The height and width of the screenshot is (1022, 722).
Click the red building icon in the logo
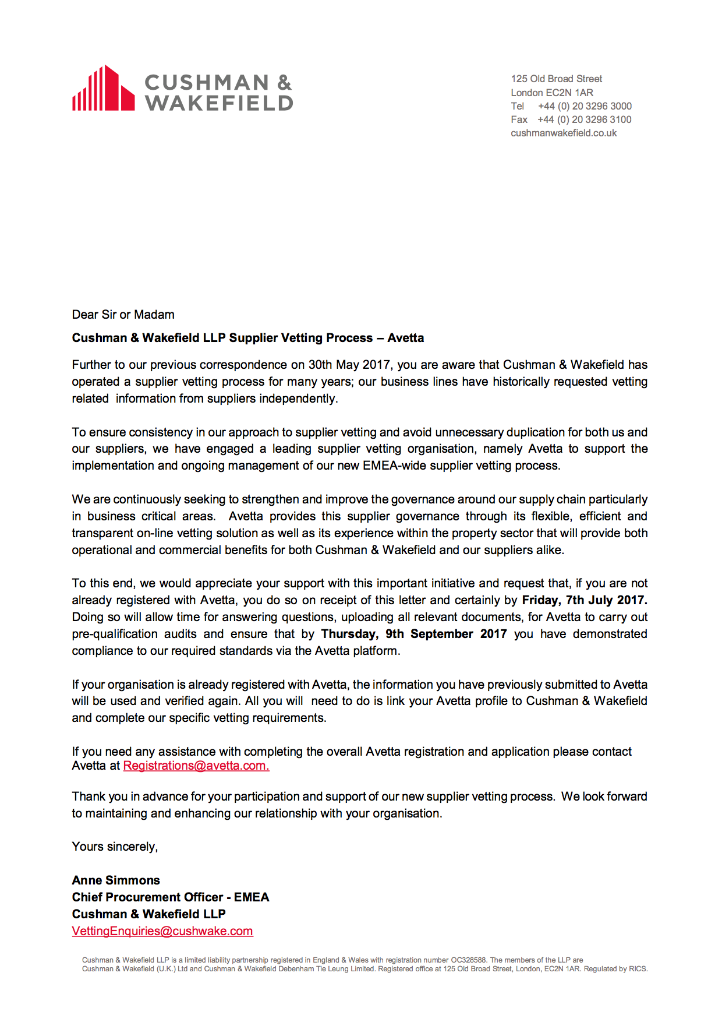tap(104, 89)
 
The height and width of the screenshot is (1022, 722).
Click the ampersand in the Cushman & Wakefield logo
tap(284, 82)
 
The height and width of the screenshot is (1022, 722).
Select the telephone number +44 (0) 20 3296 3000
tap(585, 106)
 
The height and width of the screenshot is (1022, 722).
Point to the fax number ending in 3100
tap(584, 119)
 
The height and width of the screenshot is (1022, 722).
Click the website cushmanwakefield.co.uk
tap(564, 133)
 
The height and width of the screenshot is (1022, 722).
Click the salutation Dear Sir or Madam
tap(123, 315)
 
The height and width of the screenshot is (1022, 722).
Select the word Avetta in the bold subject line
tap(406, 338)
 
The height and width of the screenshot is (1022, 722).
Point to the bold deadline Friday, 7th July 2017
tap(584, 600)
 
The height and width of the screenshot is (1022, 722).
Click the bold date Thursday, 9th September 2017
tap(414, 634)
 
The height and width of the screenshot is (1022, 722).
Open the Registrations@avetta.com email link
tap(196, 766)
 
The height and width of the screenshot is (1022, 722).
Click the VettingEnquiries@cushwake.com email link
tap(162, 931)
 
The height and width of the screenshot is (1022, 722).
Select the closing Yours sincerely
tap(115, 847)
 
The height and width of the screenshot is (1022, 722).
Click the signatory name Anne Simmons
tap(116, 880)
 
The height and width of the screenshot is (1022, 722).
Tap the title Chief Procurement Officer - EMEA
tap(171, 897)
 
